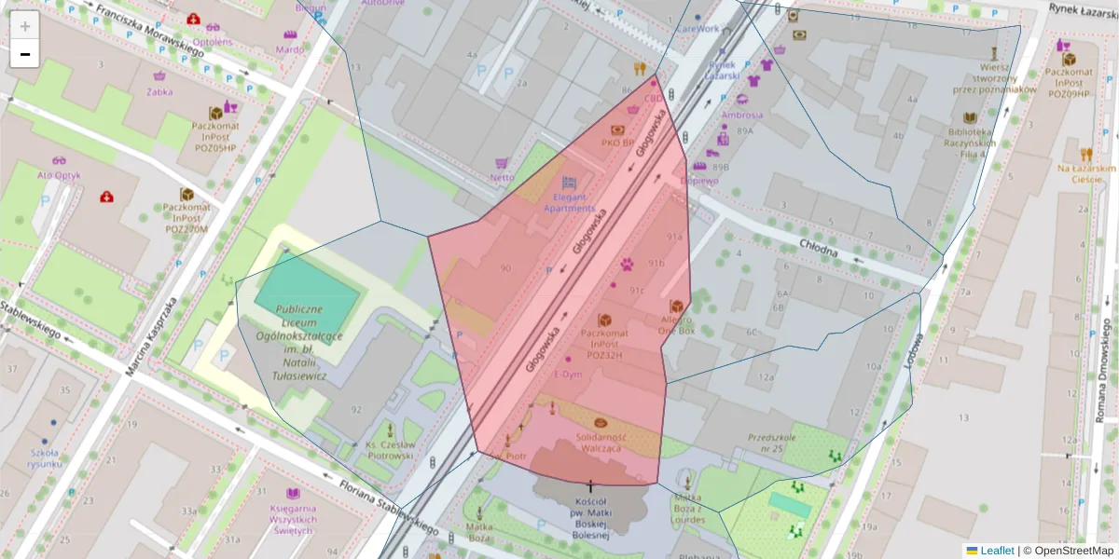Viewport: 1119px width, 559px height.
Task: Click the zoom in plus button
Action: pyautogui.click(x=25, y=26)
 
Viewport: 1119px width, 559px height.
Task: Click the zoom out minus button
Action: pyautogui.click(x=25, y=54)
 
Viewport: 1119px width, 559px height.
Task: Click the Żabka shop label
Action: pyautogui.click(x=159, y=91)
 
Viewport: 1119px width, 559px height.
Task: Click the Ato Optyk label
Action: pyautogui.click(x=59, y=174)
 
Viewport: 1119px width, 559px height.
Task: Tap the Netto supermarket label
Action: pyautogui.click(x=502, y=177)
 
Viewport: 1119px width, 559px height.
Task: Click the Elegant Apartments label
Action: pyautogui.click(x=569, y=202)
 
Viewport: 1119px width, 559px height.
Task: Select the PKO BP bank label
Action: pyautogui.click(x=617, y=143)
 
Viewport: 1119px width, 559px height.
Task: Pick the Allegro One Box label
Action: pyautogui.click(x=676, y=324)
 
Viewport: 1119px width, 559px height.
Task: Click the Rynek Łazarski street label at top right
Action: pyautogui.click(x=1076, y=10)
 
